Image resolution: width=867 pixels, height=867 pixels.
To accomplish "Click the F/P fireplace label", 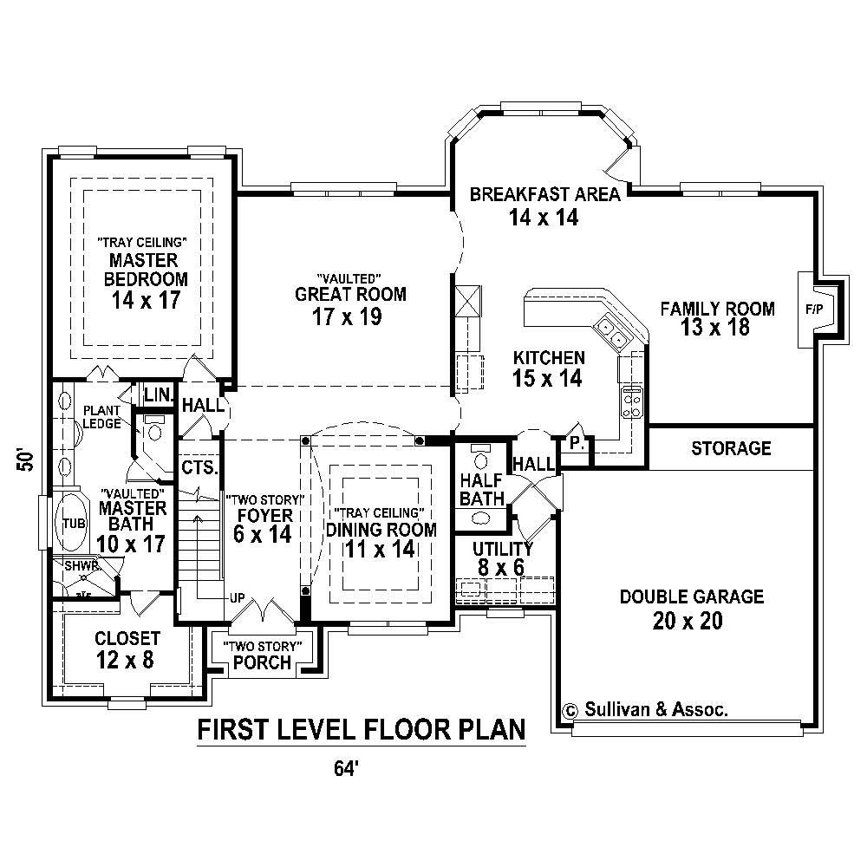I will (814, 309).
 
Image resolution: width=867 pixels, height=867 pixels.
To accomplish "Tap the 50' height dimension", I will (27, 460).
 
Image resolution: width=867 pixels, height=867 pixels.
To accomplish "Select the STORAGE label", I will (731, 448).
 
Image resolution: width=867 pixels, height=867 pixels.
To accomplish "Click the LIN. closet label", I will (159, 394).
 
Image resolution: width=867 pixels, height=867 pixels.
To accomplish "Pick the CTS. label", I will (199, 467).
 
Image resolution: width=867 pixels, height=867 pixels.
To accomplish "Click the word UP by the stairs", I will (237, 598).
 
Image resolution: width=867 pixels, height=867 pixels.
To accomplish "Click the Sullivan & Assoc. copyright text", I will (646, 708).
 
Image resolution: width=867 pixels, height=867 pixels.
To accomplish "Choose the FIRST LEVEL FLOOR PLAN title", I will (362, 731).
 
